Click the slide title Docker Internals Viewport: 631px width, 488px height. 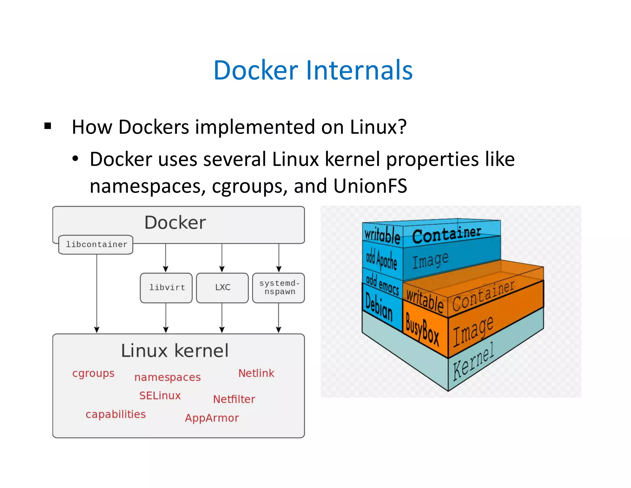pyautogui.click(x=313, y=70)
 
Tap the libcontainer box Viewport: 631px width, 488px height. pyautogui.click(x=96, y=245)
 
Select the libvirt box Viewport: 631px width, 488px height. pyautogui.click(x=166, y=287)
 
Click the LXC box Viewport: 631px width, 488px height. pyautogui.click(x=222, y=287)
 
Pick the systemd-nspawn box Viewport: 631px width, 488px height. pyautogui.click(x=279, y=287)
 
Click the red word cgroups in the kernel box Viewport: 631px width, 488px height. pyautogui.click(x=93, y=374)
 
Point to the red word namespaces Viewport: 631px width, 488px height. pyautogui.click(x=167, y=377)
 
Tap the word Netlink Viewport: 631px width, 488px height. pyautogui.click(x=256, y=373)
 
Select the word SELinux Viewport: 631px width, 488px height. pyautogui.click(x=160, y=395)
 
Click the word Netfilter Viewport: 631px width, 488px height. pyautogui.click(x=234, y=399)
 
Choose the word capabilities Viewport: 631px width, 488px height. pyautogui.click(x=116, y=414)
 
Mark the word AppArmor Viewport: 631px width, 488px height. pyautogui.click(x=212, y=418)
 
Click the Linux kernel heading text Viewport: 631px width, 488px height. pyautogui.click(x=175, y=351)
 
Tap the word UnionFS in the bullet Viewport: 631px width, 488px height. pyautogui.click(x=370, y=186)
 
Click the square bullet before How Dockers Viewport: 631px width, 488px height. pyautogui.click(x=48, y=126)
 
